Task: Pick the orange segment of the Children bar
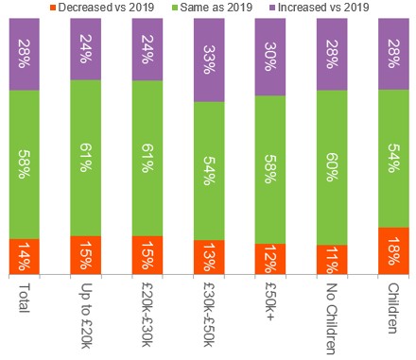[x=392, y=250]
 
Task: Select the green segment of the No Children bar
[x=332, y=167]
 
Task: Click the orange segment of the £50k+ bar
[x=270, y=258]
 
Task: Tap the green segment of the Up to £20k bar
[x=87, y=158]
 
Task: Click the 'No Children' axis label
[x=332, y=316]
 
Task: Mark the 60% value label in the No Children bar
[x=332, y=167]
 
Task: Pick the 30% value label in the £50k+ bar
[x=270, y=58]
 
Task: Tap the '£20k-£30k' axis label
[x=147, y=313]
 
